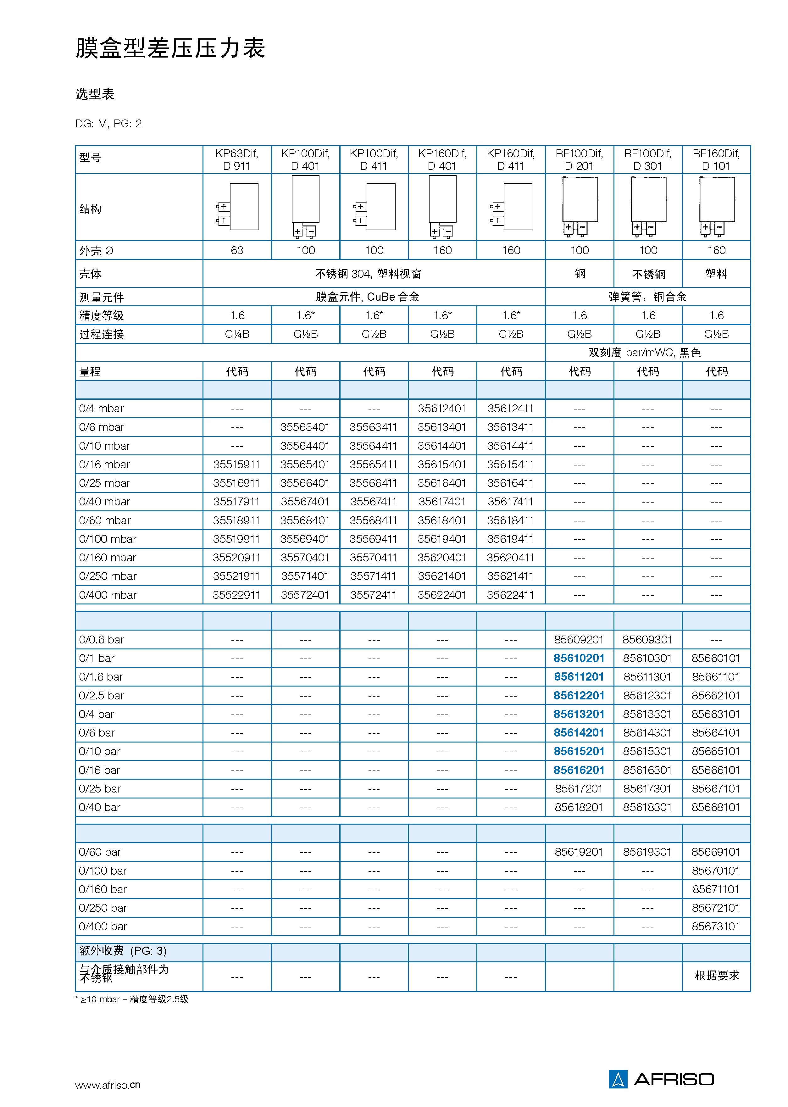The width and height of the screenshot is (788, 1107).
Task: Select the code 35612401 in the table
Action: coord(441,409)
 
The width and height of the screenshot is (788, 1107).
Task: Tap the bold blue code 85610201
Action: coord(579,658)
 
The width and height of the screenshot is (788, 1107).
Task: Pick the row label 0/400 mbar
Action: coord(108,595)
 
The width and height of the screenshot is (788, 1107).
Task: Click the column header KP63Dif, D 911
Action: coord(237,160)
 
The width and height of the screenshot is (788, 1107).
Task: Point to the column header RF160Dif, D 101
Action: coord(716,160)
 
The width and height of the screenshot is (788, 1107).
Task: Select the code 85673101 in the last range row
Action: coord(716,926)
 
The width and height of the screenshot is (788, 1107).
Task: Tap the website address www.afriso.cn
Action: coord(108,1085)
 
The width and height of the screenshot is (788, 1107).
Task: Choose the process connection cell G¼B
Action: coord(237,334)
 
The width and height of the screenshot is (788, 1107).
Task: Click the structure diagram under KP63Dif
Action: coord(238,207)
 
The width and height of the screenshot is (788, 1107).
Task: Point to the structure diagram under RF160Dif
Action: coord(717,206)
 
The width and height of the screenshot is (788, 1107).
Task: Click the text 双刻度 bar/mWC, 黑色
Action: coord(644,353)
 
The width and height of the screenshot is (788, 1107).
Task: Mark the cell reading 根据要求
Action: coord(717,976)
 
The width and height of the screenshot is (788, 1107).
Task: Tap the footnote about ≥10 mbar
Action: coord(132,999)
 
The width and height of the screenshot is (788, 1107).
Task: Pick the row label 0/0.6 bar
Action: coord(102,640)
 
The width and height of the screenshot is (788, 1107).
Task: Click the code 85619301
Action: coord(647,852)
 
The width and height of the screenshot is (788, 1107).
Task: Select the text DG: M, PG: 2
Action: coord(108,124)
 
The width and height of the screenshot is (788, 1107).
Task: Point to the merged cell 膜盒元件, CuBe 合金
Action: coord(367,297)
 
